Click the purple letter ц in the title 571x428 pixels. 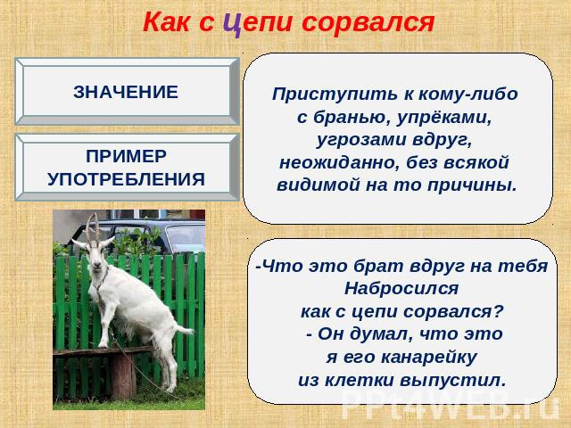(x=233, y=23)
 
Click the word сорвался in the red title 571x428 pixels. (x=368, y=22)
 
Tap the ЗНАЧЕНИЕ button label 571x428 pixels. (x=126, y=92)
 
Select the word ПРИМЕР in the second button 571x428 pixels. (x=126, y=156)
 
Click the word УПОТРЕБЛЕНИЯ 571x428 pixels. (x=126, y=179)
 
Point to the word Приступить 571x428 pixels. (x=335, y=95)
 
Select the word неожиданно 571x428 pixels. (x=337, y=162)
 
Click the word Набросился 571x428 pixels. (x=401, y=289)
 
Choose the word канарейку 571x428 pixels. (x=429, y=357)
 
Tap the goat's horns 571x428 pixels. (x=93, y=226)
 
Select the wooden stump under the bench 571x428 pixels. (x=123, y=375)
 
